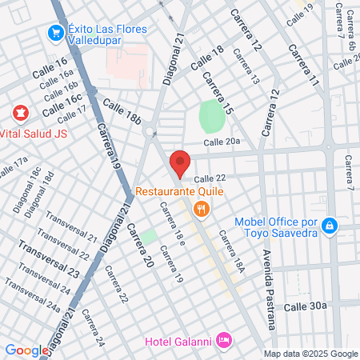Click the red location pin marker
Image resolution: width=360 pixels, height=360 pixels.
pos(180,162)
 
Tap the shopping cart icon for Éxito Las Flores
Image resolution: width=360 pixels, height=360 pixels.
pos(56,33)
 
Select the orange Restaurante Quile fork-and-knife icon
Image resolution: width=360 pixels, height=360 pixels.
pos(200,210)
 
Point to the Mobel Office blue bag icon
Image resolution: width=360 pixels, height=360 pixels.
pos(329,227)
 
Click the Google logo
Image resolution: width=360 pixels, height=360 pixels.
pos(26,350)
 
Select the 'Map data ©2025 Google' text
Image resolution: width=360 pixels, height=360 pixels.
pos(310,354)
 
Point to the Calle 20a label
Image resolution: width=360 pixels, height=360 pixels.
pos(222,142)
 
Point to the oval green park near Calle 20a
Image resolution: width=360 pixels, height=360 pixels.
pos(210,117)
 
